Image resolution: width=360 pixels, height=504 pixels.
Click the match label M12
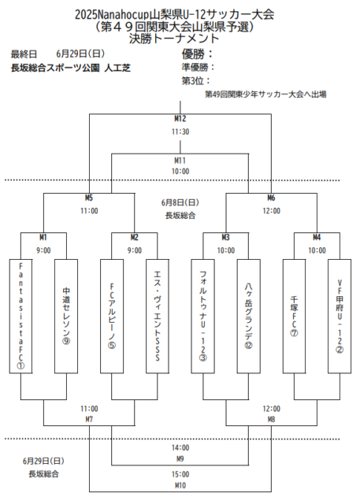click(180, 119)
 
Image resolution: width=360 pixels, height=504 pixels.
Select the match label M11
click(180, 160)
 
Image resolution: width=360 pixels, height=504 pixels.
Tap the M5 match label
click(89, 198)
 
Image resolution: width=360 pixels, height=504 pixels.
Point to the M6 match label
click(271, 198)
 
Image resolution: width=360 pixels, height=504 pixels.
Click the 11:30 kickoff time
click(180, 132)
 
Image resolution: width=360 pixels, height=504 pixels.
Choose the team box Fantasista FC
click(21, 315)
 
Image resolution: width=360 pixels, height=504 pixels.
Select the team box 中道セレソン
click(66, 315)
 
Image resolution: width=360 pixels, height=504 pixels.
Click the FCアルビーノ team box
click(112, 315)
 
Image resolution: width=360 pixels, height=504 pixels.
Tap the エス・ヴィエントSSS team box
click(157, 315)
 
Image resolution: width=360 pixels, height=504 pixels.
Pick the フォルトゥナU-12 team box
click(202, 315)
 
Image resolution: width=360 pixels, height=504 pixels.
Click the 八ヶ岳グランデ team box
click(248, 315)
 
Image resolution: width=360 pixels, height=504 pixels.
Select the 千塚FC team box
click(294, 315)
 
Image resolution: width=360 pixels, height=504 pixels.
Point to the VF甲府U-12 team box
click(339, 315)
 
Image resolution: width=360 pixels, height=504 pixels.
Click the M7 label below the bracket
click(89, 420)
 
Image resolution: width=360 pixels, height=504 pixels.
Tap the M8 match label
click(271, 420)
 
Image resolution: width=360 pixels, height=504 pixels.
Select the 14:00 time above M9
click(180, 447)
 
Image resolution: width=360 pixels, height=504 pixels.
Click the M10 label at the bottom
click(180, 485)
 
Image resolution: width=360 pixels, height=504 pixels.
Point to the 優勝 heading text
click(197, 54)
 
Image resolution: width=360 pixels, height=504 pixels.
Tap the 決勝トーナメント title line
click(180, 37)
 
